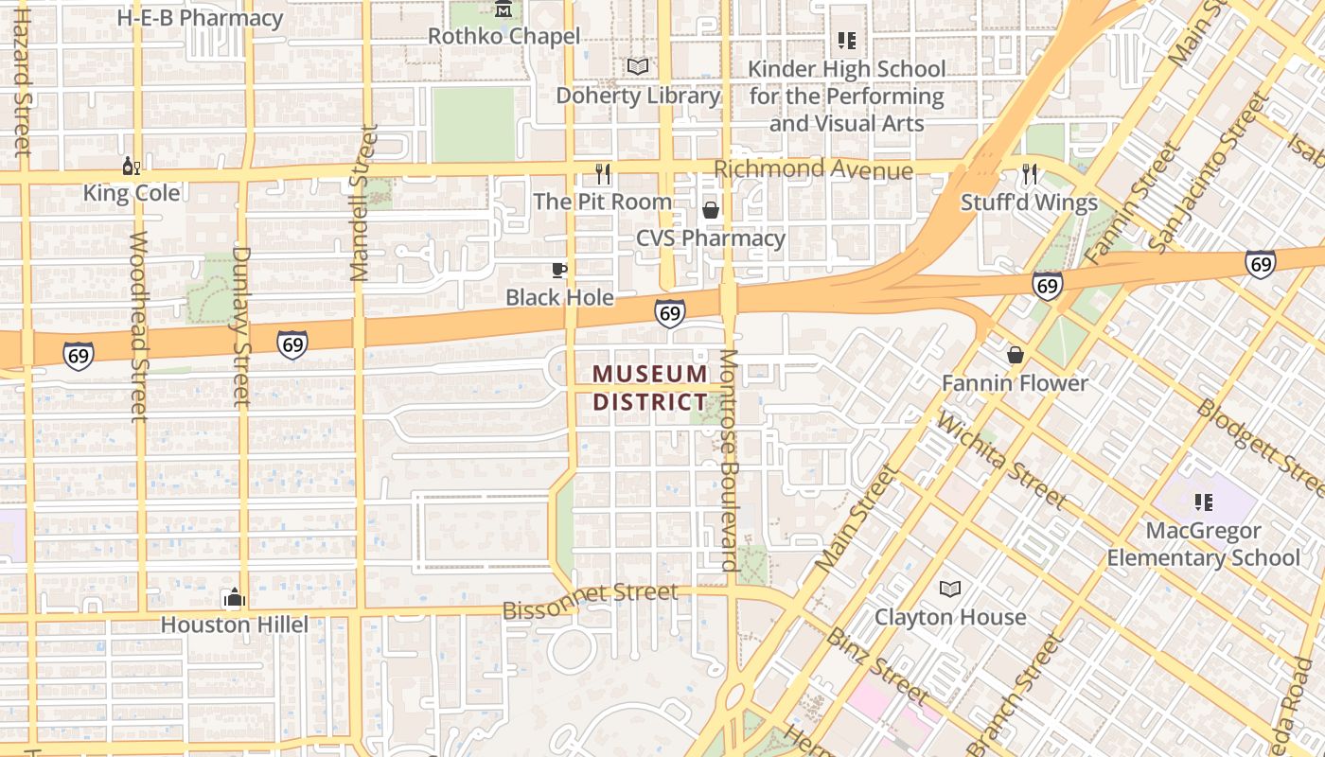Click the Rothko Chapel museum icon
pos(503,10)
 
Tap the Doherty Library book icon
pos(639,67)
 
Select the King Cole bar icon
pos(131,167)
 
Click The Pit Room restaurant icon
pos(603,174)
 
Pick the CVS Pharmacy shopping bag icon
pos(711,210)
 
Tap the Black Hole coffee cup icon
pos(559,270)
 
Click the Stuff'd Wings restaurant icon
pos(1030,174)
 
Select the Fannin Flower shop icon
pos(1016,355)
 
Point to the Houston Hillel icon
pos(234,598)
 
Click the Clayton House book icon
pos(950,590)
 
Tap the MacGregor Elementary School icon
pos(1204,502)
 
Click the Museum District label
pos(650,388)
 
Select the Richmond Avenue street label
pos(813,169)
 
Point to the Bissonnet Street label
pos(590,601)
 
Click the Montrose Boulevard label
pos(729,461)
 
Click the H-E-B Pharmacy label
pos(200,18)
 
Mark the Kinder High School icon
pos(847,41)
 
